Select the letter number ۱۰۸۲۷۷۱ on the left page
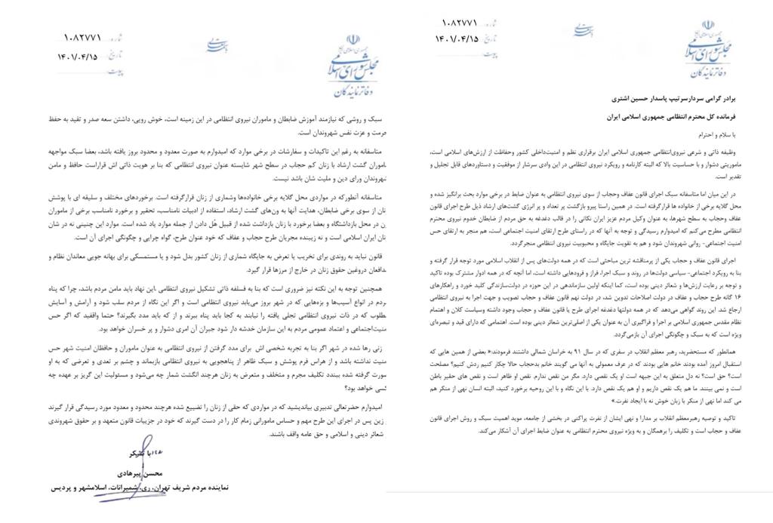(84, 36)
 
